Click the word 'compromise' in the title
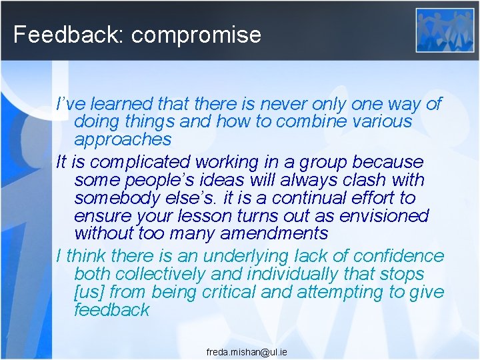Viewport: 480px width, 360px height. pos(196,35)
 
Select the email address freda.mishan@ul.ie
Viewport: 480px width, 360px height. pos(247,351)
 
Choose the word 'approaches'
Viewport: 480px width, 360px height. pos(123,140)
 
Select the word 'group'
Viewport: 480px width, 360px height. pos(320,162)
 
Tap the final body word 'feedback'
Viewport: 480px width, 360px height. pos(112,310)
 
